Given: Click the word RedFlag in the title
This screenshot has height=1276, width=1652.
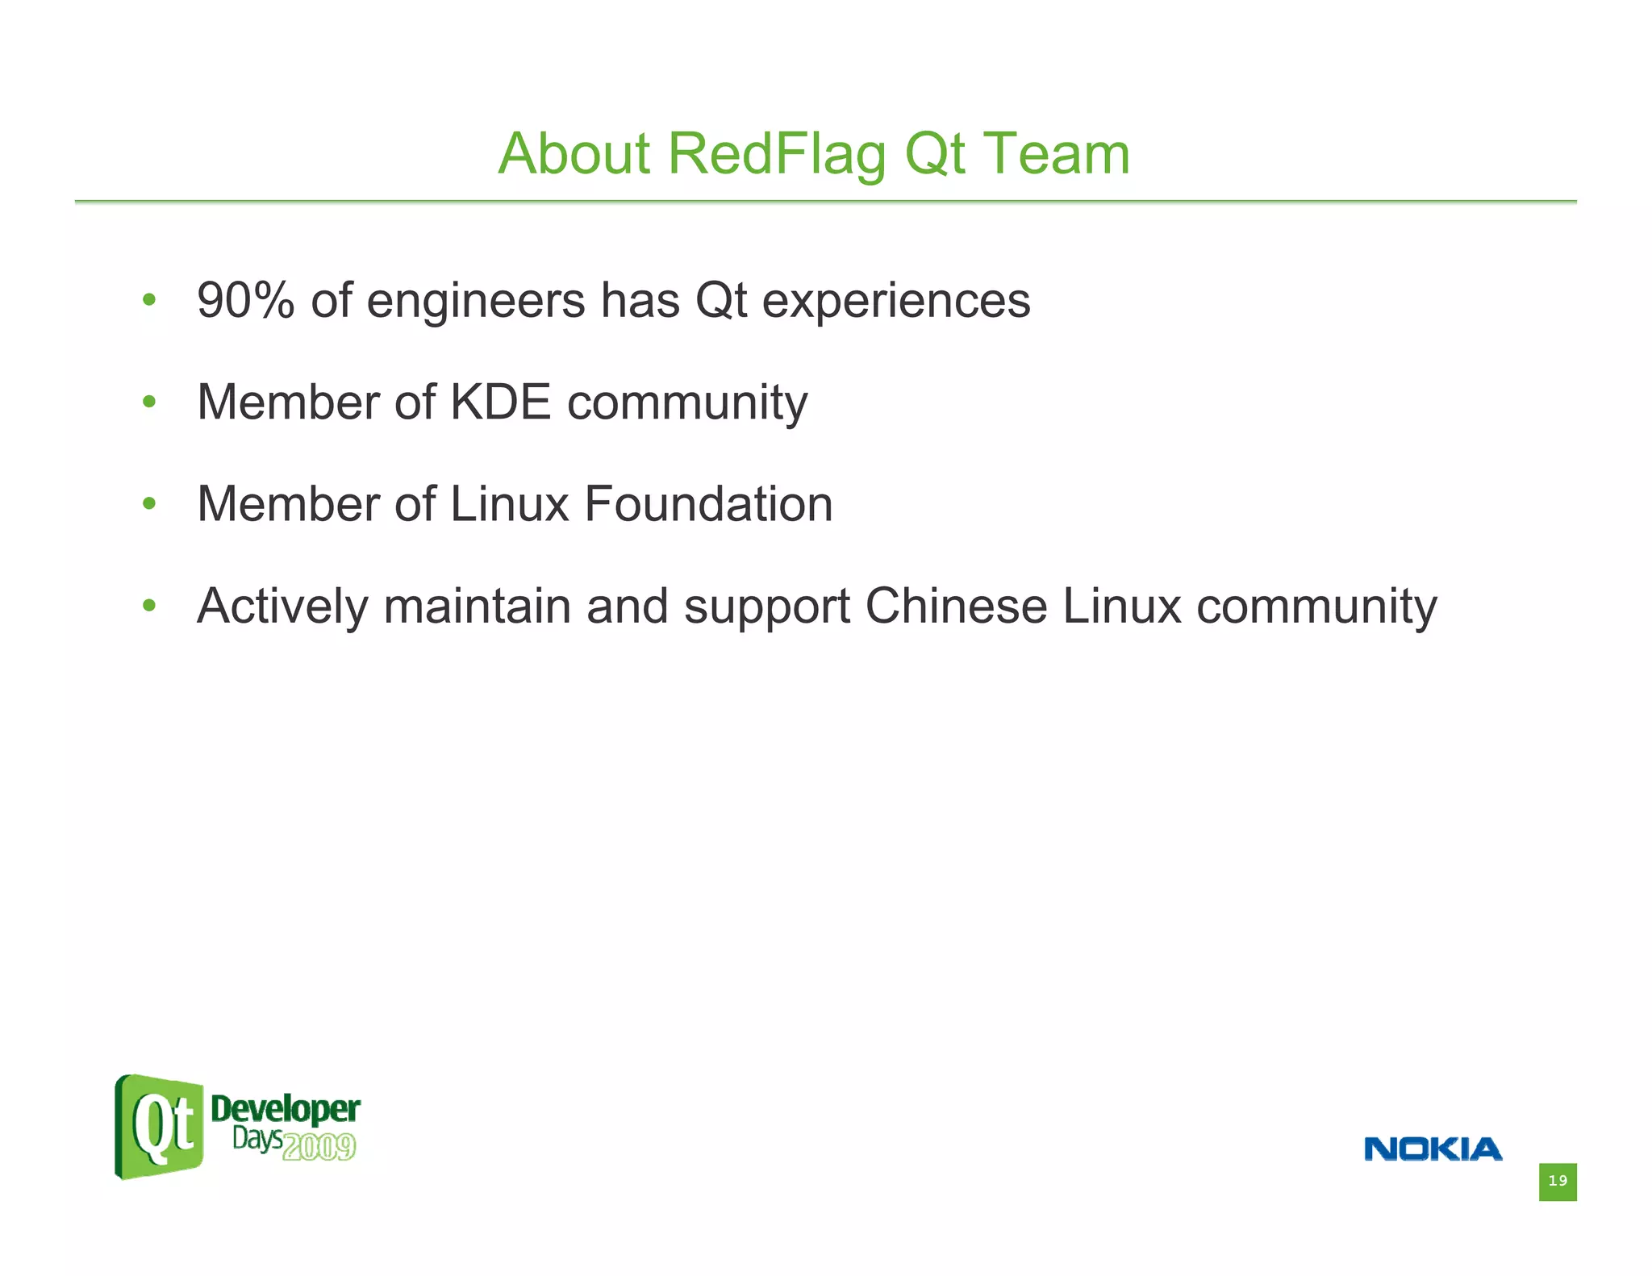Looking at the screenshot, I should click(x=777, y=153).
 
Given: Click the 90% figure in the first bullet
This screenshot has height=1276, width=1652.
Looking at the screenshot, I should click(x=246, y=301).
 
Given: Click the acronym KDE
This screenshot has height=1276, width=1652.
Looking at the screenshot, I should click(x=500, y=402).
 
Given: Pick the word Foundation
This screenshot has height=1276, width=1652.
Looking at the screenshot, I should click(x=708, y=504).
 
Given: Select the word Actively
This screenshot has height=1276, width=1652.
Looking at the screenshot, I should click(x=282, y=607).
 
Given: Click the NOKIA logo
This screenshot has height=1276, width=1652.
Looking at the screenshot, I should click(x=1433, y=1149).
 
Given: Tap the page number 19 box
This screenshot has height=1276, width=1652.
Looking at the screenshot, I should click(x=1557, y=1182).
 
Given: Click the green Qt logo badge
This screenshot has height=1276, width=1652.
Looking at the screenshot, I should click(x=159, y=1127).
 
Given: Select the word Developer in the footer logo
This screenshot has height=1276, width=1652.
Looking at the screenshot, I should click(x=286, y=1110).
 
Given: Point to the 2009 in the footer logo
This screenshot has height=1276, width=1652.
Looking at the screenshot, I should click(x=319, y=1146).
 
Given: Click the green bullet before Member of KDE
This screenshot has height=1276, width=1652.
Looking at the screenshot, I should click(x=148, y=402).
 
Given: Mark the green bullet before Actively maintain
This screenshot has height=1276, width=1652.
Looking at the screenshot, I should click(x=148, y=606).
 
